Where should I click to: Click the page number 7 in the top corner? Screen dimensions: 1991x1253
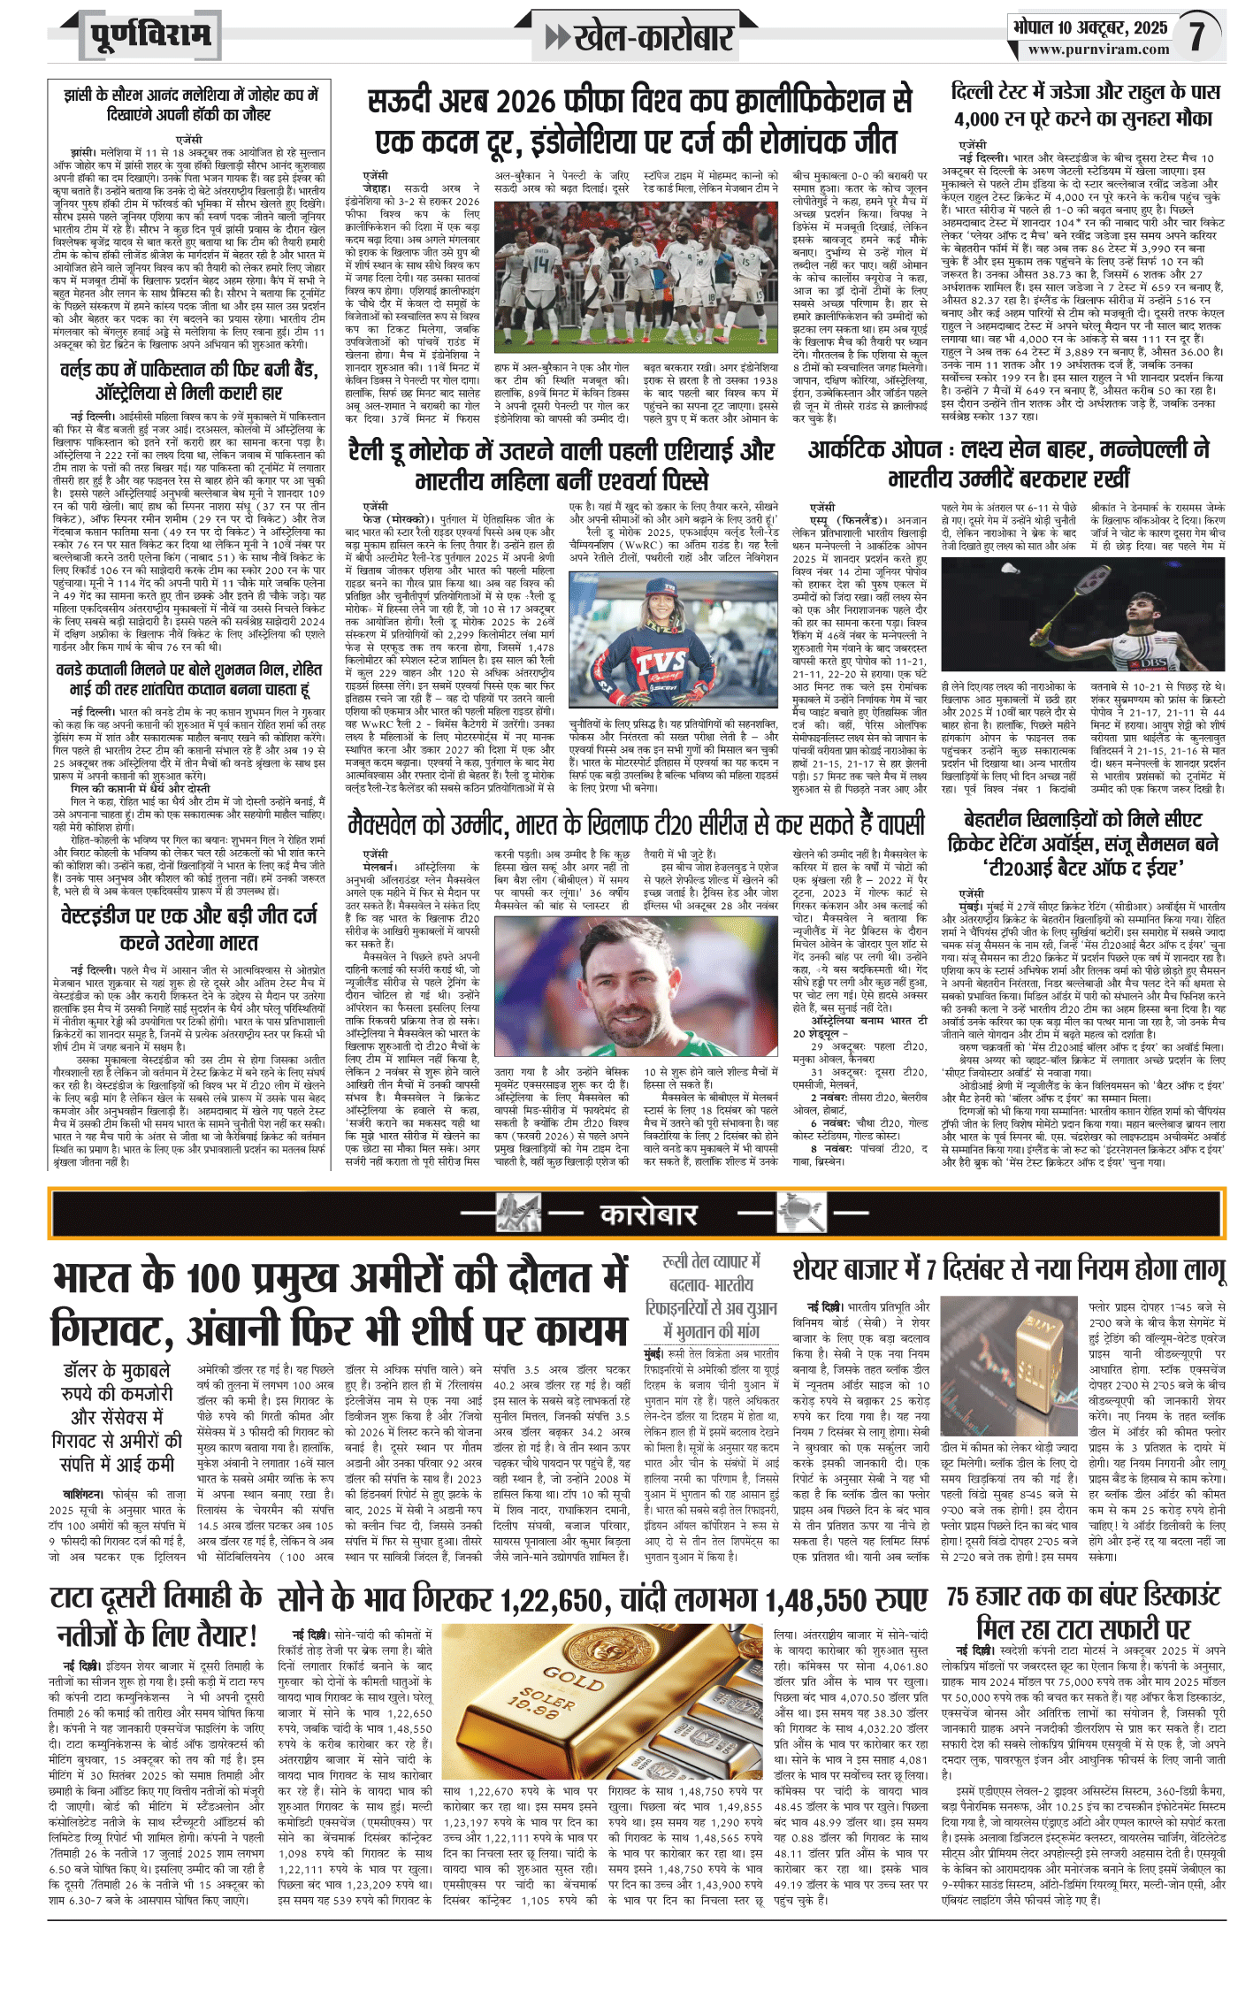[x=1196, y=35]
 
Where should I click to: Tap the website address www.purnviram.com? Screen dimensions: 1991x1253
[x=1098, y=50]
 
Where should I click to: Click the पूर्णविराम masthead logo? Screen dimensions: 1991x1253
[x=150, y=35]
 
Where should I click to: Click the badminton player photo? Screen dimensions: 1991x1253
[x=1082, y=616]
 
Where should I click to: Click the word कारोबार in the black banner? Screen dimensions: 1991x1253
[x=648, y=1214]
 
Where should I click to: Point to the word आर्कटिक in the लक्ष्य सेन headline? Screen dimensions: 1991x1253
[x=846, y=449]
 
